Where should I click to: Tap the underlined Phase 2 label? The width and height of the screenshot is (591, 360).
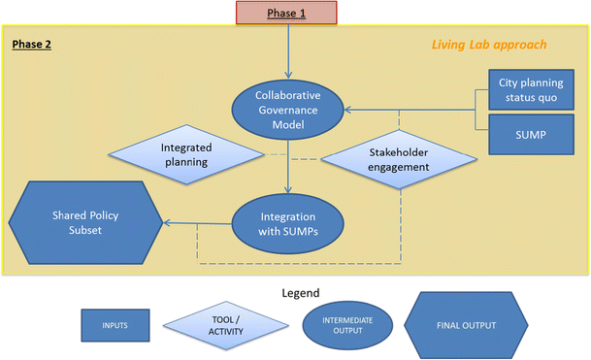coord(34,45)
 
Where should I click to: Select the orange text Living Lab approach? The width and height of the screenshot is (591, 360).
coord(489,45)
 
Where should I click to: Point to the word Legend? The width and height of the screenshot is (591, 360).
coord(293,292)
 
